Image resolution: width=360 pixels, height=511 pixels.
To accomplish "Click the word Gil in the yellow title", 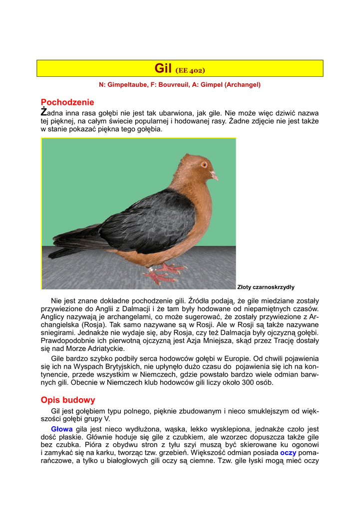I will coord(163,68).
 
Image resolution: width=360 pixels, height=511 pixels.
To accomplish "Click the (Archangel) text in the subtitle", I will coord(242,85).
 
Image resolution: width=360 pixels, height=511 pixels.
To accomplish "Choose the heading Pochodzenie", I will coord(67,102).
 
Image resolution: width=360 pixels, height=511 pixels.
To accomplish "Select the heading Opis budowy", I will coord(68,400).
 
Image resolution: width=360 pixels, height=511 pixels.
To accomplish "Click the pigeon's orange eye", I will coord(204,164).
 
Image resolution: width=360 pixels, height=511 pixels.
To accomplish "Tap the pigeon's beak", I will coord(214,175).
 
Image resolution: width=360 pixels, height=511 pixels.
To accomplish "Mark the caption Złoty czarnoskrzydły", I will coord(266,287).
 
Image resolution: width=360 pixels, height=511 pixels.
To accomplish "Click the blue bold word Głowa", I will coord(62,429).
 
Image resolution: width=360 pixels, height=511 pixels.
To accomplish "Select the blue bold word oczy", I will coord(288,453).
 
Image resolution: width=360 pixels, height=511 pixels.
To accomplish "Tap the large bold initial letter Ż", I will coord(44,112).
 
